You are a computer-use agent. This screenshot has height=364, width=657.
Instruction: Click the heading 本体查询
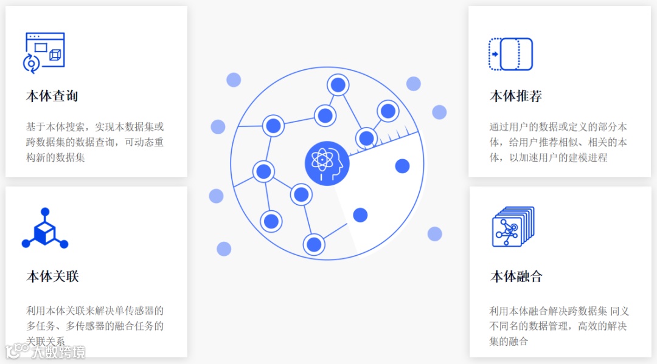click(52, 96)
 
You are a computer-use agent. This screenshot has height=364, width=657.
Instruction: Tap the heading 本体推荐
click(516, 96)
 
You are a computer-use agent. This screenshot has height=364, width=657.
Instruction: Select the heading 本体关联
click(52, 276)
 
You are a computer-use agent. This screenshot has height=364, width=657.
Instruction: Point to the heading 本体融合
click(516, 276)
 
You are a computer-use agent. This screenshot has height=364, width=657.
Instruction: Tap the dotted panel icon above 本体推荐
click(510, 54)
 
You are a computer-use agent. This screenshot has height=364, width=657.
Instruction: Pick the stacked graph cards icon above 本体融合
click(512, 227)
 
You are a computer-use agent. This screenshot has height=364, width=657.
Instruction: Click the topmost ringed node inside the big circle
click(337, 84)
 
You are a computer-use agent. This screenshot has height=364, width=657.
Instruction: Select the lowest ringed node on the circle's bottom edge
click(314, 244)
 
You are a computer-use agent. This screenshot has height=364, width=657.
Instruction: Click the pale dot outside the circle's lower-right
click(434, 234)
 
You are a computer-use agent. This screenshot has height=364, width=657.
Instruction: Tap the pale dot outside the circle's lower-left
click(224, 249)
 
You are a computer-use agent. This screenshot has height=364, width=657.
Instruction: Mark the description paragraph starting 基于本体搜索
click(95, 142)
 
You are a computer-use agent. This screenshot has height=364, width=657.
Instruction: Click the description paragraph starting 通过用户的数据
click(558, 142)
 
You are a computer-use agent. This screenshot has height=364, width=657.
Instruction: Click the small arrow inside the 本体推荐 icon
click(495, 55)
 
